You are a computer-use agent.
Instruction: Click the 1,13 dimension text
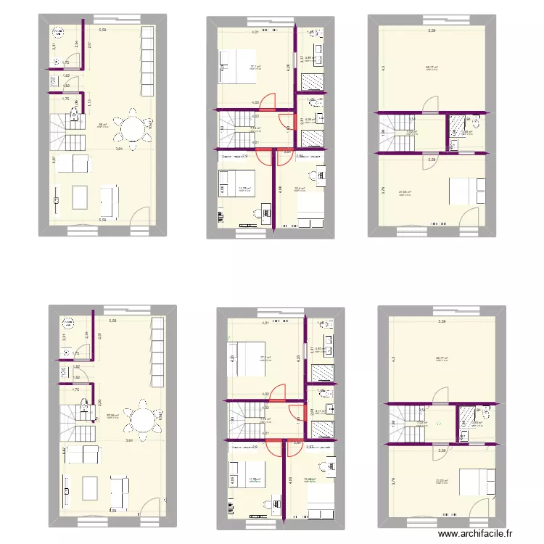tap(89, 104)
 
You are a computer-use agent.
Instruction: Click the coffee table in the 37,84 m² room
tap(89, 487)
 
